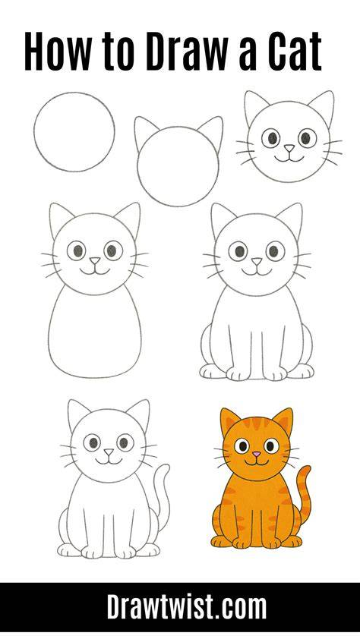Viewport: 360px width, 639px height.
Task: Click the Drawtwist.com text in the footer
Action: (x=186, y=608)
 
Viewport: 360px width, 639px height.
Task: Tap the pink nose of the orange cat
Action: (x=256, y=454)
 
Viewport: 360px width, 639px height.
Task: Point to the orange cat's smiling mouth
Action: (x=257, y=461)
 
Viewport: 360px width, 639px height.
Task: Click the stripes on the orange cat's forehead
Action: (x=257, y=423)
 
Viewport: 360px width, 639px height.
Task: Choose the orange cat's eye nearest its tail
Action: (x=271, y=445)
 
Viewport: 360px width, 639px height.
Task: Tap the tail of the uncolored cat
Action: (x=164, y=497)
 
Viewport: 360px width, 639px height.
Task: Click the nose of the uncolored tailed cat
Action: (x=109, y=452)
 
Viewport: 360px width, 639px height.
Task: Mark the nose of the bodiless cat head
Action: (x=289, y=148)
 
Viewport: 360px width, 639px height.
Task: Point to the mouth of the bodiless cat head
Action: (x=289, y=158)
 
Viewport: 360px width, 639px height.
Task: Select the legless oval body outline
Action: (x=50, y=330)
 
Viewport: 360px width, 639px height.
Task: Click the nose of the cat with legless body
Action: (x=95, y=260)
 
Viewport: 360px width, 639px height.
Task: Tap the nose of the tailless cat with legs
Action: (x=257, y=261)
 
